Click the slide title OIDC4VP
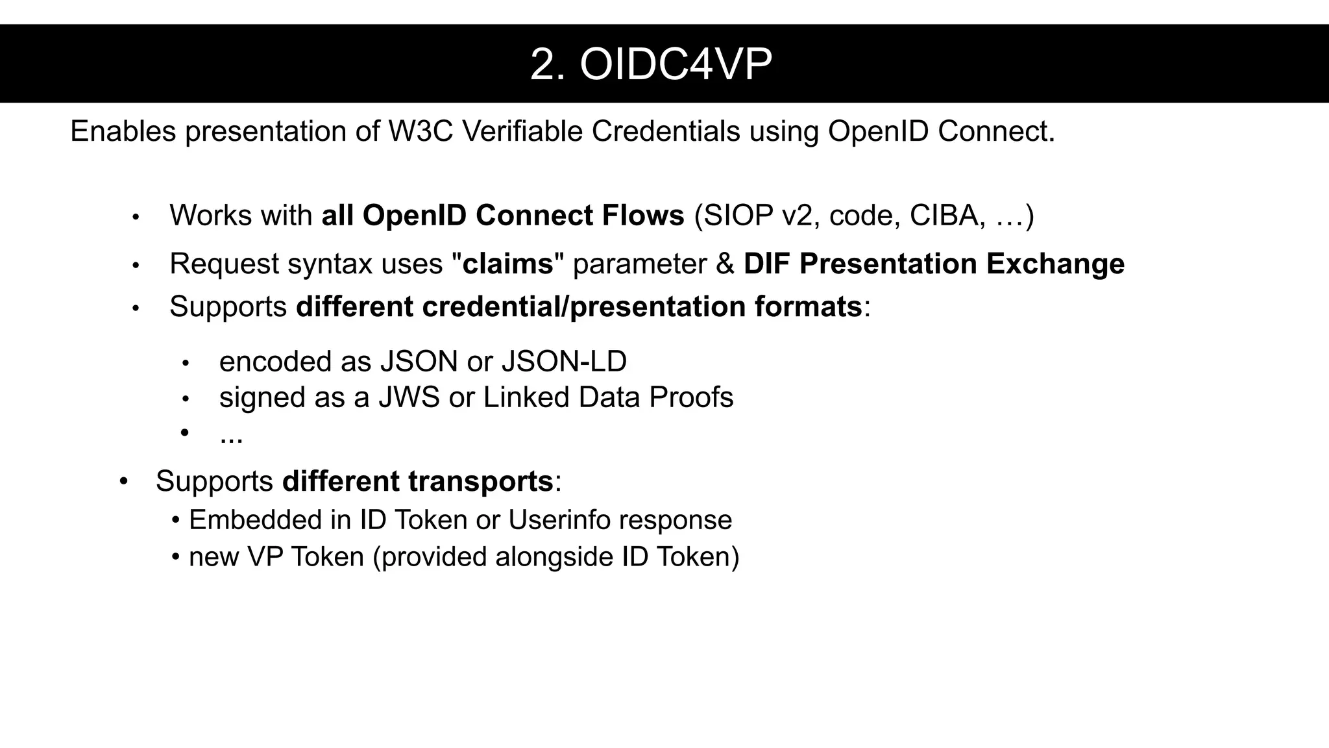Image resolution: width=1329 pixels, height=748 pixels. click(651, 65)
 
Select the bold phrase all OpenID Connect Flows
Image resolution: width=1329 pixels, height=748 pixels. click(503, 216)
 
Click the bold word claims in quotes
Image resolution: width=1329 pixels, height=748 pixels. click(508, 264)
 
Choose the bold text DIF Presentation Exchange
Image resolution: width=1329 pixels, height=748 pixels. click(934, 264)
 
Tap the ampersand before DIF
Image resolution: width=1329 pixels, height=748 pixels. click(725, 264)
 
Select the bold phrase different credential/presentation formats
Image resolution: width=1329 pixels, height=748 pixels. click(579, 306)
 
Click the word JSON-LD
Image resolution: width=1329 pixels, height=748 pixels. click(564, 362)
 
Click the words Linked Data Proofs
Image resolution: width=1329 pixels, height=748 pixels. click(608, 397)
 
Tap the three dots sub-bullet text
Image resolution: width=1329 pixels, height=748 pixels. click(231, 436)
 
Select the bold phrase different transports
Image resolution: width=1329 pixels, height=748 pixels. click(418, 481)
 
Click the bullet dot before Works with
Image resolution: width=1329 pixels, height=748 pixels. click(136, 217)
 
